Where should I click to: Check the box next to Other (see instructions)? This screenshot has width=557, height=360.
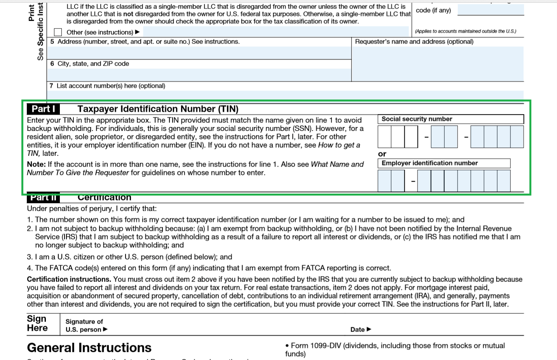click(58, 32)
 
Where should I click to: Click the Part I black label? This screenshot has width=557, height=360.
click(43, 109)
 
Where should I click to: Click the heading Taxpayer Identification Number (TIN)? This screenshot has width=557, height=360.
click(158, 109)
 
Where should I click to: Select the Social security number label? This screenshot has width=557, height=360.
click(417, 119)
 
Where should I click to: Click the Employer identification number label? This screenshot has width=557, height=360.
click(430, 163)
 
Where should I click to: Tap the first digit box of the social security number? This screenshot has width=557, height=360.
click(384, 137)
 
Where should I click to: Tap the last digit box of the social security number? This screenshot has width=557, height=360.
click(517, 137)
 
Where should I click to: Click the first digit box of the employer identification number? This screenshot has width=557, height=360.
click(384, 181)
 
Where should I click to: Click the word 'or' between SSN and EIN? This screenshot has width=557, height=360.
click(382, 154)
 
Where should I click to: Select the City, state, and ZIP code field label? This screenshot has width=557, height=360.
click(93, 64)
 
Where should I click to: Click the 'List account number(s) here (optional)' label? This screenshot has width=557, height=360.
click(111, 86)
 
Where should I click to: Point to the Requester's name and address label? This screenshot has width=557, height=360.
click(414, 42)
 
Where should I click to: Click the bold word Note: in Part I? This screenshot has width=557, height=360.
click(36, 164)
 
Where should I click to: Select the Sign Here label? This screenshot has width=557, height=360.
click(37, 323)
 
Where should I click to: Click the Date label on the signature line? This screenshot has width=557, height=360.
click(358, 330)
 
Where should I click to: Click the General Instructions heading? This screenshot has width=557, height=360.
click(89, 348)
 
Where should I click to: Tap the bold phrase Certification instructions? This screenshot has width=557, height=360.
click(69, 279)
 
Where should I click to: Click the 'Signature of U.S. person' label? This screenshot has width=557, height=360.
click(84, 326)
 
